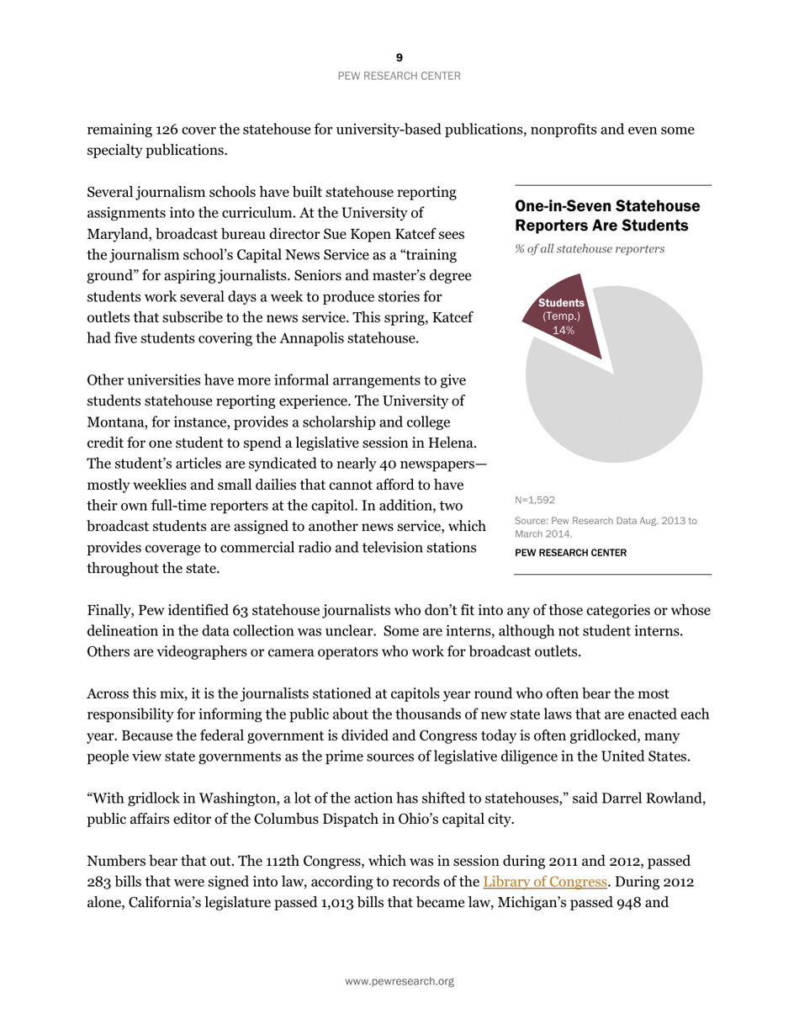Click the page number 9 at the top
click(399, 57)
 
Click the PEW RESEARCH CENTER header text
click(399, 76)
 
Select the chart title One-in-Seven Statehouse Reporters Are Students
click(606, 215)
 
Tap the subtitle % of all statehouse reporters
click(590, 249)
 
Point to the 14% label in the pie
click(563, 331)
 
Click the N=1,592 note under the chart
click(534, 499)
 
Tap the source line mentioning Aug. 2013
click(605, 527)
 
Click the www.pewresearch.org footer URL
click(399, 981)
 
